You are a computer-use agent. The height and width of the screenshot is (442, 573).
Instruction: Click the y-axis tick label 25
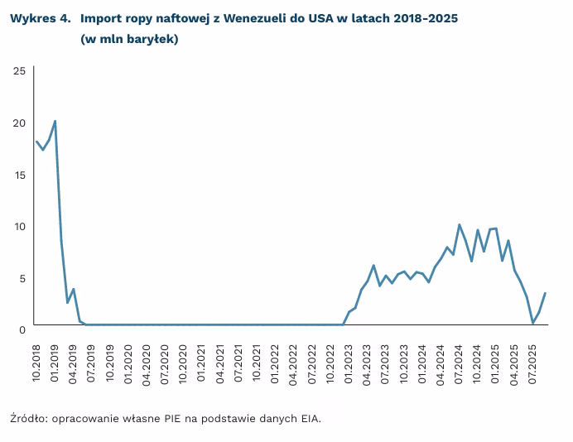pos(18,71)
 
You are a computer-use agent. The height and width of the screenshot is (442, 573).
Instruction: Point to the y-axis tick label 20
pos(18,123)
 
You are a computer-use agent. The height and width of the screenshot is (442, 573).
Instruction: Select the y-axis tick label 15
pos(18,175)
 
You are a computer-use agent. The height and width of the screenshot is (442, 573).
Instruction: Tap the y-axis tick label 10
pos(18,226)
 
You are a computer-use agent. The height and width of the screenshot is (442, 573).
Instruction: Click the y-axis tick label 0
pos(21,329)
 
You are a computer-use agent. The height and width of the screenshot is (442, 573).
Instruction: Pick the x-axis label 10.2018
pos(37,363)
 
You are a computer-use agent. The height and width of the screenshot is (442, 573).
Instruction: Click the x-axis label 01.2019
pos(55,363)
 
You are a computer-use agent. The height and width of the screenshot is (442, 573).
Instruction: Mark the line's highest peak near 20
pos(55,121)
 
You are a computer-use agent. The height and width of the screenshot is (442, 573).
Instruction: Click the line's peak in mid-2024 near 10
pos(460,224)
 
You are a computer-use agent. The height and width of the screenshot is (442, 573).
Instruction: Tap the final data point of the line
pos(545,293)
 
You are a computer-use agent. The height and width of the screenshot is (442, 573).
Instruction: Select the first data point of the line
pos(37,142)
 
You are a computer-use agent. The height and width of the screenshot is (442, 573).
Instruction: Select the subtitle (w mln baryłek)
pos(130,39)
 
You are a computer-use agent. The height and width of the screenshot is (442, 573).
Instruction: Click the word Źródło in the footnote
pos(29,418)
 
